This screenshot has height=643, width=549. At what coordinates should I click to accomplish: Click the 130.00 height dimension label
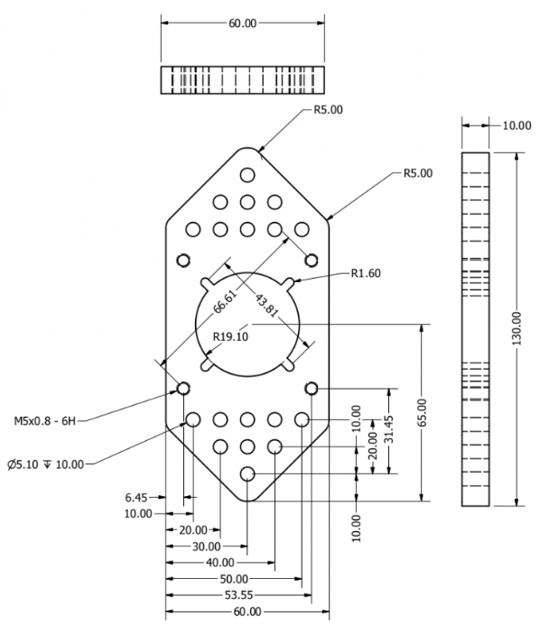click(x=516, y=330)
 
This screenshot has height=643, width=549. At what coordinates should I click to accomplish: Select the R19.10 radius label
click(x=230, y=337)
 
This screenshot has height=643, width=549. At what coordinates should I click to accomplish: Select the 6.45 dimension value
click(x=138, y=496)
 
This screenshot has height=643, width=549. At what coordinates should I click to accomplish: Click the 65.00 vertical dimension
click(x=433, y=412)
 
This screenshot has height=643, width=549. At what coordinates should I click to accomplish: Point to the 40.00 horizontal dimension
click(x=220, y=563)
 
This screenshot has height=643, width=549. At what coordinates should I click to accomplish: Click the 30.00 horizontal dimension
click(x=207, y=547)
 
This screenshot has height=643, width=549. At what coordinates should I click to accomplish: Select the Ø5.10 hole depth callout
click(x=44, y=464)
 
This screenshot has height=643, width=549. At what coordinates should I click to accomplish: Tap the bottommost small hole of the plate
click(x=247, y=473)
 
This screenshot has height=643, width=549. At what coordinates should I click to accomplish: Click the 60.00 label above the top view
click(x=241, y=21)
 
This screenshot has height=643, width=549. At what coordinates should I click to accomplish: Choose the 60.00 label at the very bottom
click(x=247, y=612)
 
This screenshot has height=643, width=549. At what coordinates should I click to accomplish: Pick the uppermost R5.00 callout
click(x=328, y=111)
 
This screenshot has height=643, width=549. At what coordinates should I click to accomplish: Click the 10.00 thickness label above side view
click(x=516, y=125)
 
